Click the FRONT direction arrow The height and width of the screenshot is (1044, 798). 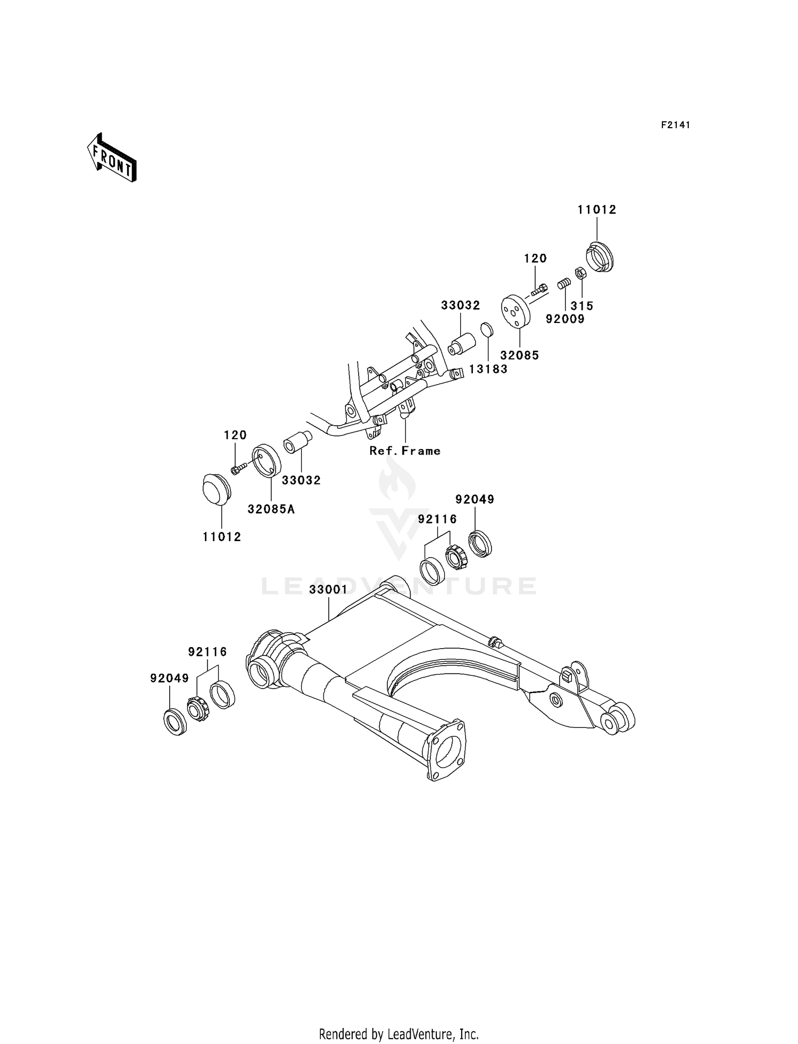(112, 159)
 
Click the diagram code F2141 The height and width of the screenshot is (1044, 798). (675, 125)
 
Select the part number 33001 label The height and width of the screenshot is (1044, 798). (328, 590)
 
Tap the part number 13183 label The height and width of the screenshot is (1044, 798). (488, 369)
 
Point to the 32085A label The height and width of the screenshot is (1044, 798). (271, 509)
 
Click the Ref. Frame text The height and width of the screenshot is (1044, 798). (405, 451)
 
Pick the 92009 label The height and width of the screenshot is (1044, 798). (565, 319)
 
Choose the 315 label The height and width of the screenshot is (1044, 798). (582, 306)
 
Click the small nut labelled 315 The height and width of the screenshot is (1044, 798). (581, 274)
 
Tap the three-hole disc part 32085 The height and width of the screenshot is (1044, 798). (516, 311)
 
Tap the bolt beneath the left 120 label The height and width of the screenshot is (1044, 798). (238, 468)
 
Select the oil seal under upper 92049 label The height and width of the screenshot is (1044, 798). (480, 543)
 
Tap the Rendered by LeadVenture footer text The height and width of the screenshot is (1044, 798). (398, 1034)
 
